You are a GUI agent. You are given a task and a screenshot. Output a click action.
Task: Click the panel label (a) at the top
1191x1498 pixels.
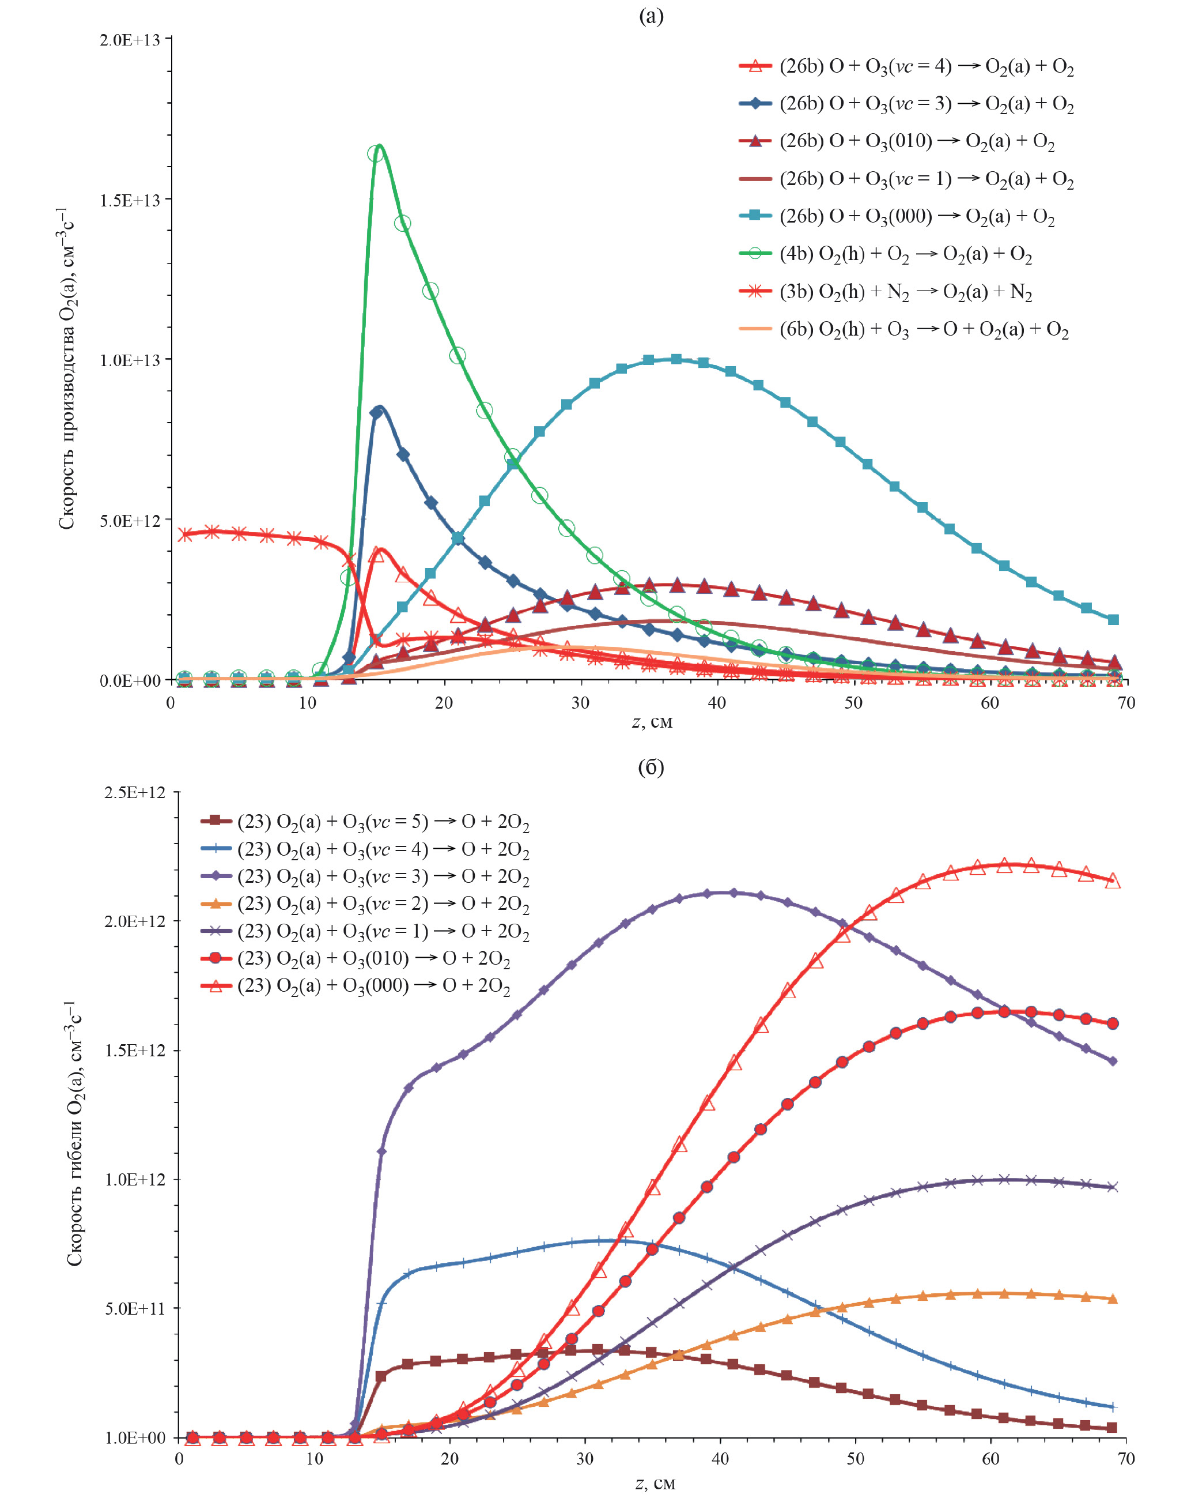pyautogui.click(x=651, y=16)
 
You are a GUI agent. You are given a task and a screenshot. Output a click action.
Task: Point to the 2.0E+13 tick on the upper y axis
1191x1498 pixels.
pyautogui.click(x=131, y=40)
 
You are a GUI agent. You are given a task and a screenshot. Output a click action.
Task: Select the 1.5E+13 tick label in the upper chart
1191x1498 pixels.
pyautogui.click(x=131, y=200)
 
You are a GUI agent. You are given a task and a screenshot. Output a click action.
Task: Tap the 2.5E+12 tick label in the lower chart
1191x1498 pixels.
pyautogui.click(x=135, y=792)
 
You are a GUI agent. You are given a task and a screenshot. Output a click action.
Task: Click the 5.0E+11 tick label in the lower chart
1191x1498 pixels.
pyautogui.click(x=135, y=1309)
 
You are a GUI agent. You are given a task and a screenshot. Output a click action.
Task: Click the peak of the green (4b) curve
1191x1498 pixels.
pyautogui.click(x=379, y=145)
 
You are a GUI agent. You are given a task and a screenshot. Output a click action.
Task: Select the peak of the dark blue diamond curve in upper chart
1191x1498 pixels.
pyautogui.click(x=379, y=407)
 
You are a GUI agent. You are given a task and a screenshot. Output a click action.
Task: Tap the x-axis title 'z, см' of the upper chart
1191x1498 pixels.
pyautogui.click(x=652, y=722)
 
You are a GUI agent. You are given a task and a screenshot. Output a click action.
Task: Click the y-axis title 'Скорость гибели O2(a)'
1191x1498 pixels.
pyautogui.click(x=75, y=1133)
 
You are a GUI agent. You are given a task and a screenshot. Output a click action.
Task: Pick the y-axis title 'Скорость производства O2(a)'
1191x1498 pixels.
pyautogui.click(x=66, y=368)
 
